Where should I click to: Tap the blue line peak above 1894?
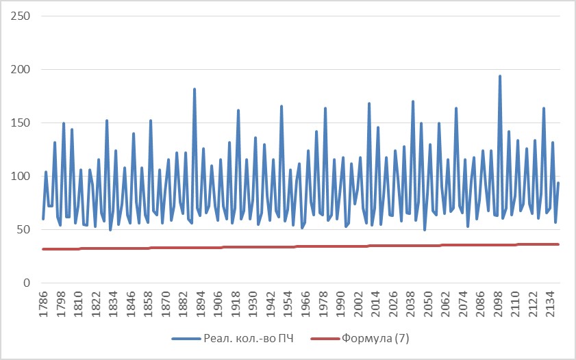point(195,89)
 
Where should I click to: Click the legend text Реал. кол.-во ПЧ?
point(250,338)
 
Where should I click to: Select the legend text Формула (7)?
point(375,338)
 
